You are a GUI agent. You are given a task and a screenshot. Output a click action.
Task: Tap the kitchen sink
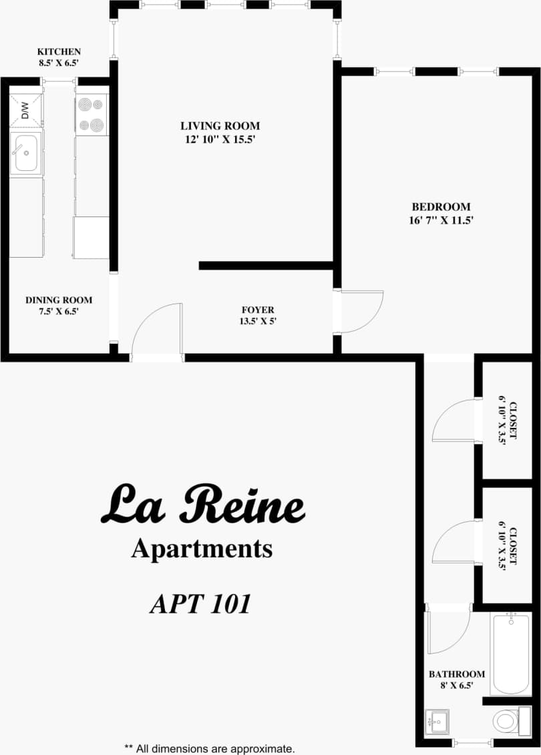pos(26,153)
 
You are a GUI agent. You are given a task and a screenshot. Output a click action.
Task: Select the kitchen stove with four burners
pos(92,115)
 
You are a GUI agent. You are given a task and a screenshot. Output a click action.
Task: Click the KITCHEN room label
pos(59,52)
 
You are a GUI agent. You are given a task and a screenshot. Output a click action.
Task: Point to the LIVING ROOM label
pos(220,125)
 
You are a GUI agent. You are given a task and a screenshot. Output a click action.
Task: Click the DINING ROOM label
pos(59,300)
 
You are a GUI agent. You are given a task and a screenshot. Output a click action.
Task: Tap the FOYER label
pos(258,310)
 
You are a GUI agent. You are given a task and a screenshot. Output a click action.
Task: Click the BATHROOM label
pos(457,674)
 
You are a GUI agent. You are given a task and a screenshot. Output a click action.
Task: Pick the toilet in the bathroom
pos(506,721)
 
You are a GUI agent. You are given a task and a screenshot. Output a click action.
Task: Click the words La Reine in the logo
pos(202,505)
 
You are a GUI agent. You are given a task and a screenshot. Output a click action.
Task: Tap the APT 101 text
pos(200,603)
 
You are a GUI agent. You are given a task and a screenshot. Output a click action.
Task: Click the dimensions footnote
pos(209,748)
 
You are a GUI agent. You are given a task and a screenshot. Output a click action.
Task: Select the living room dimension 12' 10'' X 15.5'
pos(220,140)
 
